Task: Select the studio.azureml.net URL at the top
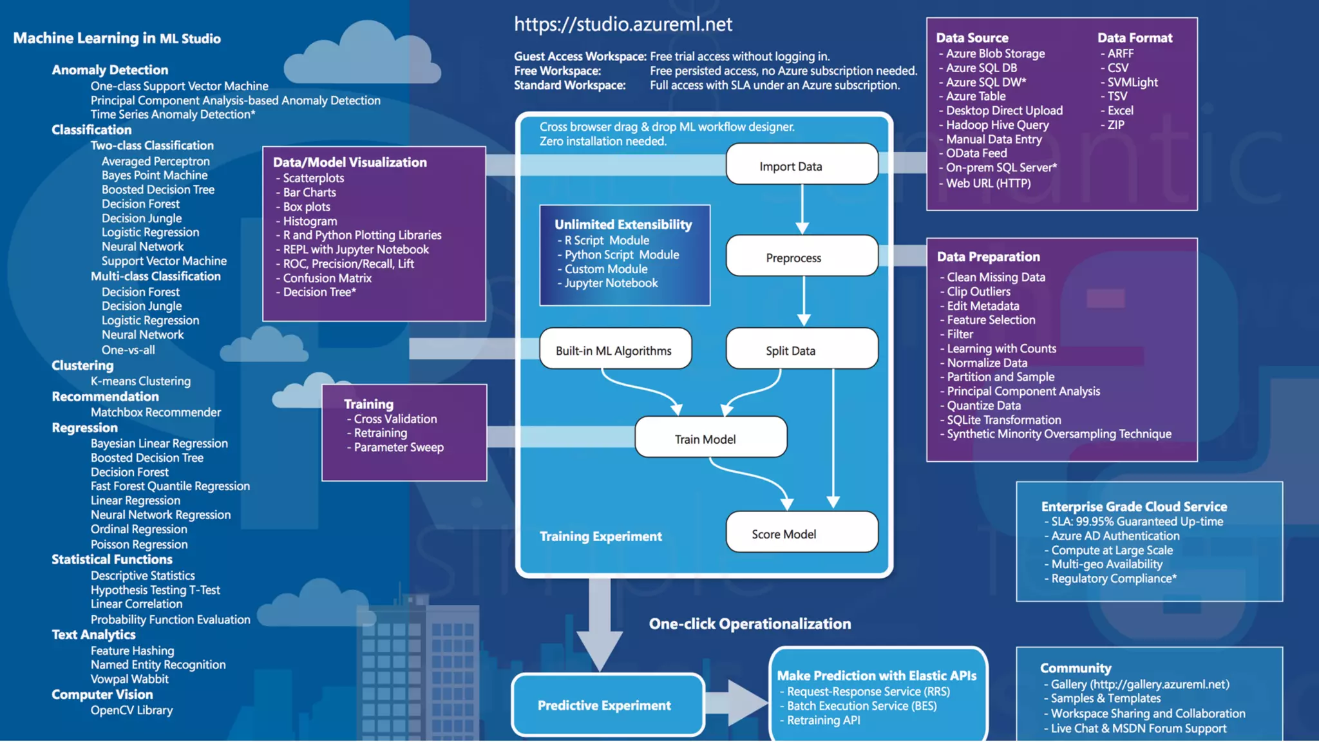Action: click(623, 24)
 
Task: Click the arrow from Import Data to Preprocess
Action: click(802, 209)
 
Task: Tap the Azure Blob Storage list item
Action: click(995, 53)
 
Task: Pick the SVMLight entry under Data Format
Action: click(1132, 82)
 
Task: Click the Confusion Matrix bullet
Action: click(327, 278)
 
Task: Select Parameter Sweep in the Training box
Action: click(399, 447)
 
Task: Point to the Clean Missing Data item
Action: click(996, 277)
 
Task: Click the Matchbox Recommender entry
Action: click(156, 412)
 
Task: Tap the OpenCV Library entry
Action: click(131, 710)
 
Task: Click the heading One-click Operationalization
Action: click(750, 623)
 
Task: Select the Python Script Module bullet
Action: click(622, 254)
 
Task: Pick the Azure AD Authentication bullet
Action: click(1115, 536)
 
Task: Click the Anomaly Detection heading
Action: click(110, 70)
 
